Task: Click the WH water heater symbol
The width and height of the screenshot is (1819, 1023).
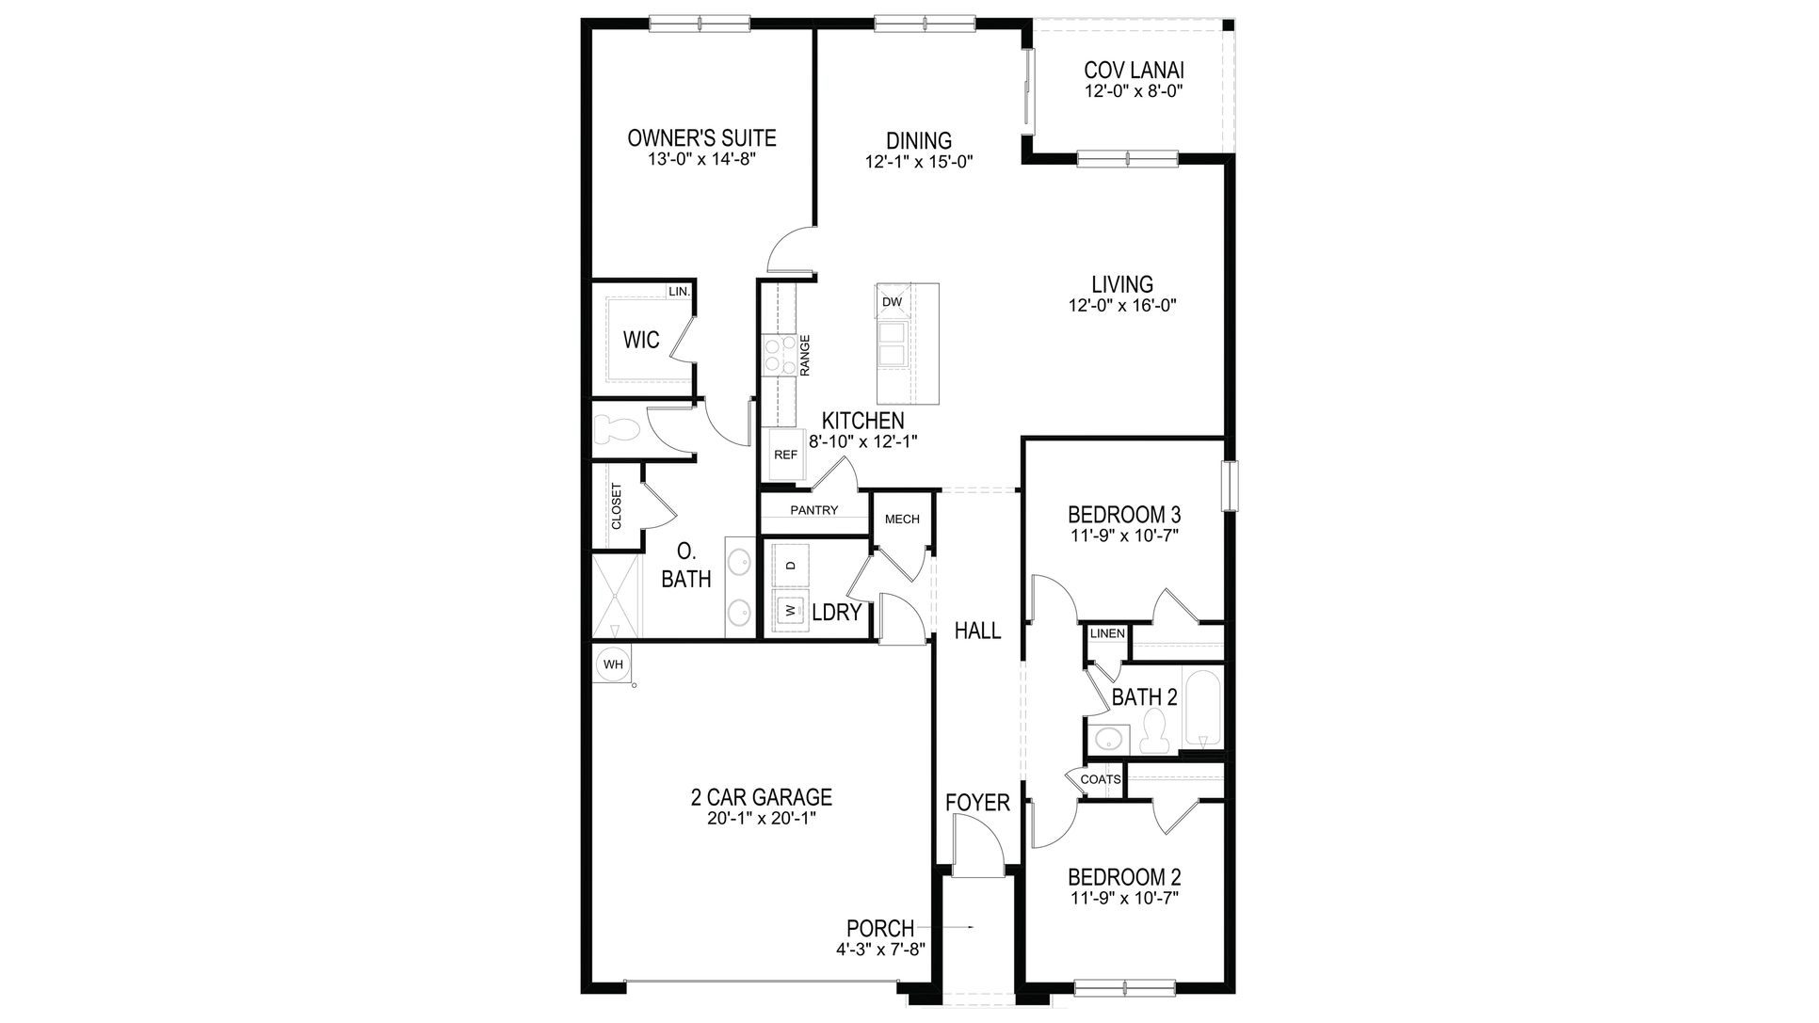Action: (x=613, y=664)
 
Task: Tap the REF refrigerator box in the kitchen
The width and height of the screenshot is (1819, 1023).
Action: (x=785, y=455)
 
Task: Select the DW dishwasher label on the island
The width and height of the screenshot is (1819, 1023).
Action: (x=892, y=302)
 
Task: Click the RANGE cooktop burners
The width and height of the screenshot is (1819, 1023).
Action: (x=779, y=356)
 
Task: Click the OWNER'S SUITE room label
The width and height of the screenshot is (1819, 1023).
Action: (x=701, y=138)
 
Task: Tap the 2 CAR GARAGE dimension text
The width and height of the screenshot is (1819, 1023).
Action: (x=761, y=819)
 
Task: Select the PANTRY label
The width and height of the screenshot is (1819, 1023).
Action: (x=813, y=510)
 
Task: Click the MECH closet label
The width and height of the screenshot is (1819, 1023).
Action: (x=902, y=519)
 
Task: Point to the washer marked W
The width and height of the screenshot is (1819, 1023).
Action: (x=791, y=611)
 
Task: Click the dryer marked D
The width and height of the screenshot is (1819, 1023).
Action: (x=791, y=565)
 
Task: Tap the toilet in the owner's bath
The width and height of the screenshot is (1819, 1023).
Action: (x=619, y=430)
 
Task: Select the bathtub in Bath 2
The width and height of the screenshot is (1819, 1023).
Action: (x=1202, y=707)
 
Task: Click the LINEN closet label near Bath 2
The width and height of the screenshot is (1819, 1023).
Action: (x=1107, y=633)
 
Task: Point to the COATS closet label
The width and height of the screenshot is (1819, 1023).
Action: (x=1101, y=779)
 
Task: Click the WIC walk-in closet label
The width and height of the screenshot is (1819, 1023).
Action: (x=641, y=340)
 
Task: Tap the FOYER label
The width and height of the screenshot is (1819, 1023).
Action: (x=977, y=803)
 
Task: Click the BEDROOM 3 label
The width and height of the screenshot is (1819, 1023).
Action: (x=1124, y=515)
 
